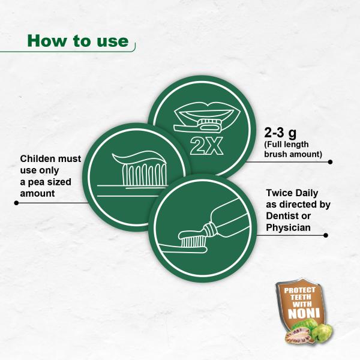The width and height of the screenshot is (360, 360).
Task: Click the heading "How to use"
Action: pos(78,41)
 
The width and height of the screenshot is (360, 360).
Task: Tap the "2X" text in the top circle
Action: pos(206,146)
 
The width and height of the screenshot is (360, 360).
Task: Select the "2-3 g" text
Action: pos(280,133)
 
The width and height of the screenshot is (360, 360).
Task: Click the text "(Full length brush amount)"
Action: pos(293,149)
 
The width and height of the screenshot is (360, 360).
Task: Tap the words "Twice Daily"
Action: pos(292,193)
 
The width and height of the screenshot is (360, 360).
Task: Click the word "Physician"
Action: pos(289,227)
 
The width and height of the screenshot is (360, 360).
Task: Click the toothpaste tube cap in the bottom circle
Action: pos(210,229)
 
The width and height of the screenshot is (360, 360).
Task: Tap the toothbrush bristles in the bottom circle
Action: pos(193,241)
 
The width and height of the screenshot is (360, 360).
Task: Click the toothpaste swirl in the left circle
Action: pos(139,158)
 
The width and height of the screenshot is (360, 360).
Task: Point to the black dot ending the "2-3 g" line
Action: pos(330,162)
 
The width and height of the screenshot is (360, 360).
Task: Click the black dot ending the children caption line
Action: pos(16,203)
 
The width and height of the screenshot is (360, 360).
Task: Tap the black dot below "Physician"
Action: pos(326,235)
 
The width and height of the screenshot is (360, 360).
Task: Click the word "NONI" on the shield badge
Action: pos(304,313)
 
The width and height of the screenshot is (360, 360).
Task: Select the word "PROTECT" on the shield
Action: pos(300,290)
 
